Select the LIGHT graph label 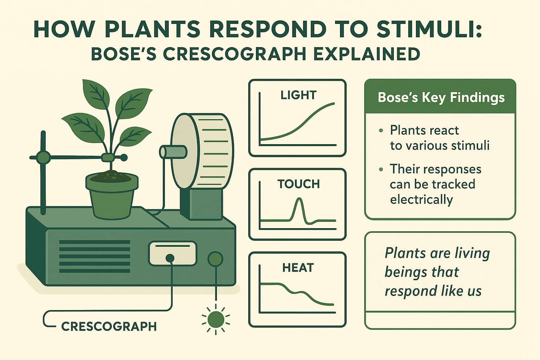pyautogui.click(x=298, y=95)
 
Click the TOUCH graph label pyautogui.click(x=298, y=184)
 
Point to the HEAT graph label pyautogui.click(x=298, y=268)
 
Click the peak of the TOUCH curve pyautogui.click(x=299, y=199)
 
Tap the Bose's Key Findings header pyautogui.click(x=441, y=97)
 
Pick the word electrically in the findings pyautogui.click(x=421, y=200)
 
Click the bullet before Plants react pyautogui.click(x=381, y=131)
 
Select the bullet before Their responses pyautogui.click(x=381, y=169)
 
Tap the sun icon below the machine pyautogui.click(x=216, y=319)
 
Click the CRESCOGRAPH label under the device pyautogui.click(x=109, y=326)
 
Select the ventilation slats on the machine pyautogui.click(x=95, y=253)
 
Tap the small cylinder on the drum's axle pyautogui.click(x=173, y=152)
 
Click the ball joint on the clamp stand pyautogui.click(x=43, y=157)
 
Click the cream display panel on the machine pyautogui.click(x=173, y=253)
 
